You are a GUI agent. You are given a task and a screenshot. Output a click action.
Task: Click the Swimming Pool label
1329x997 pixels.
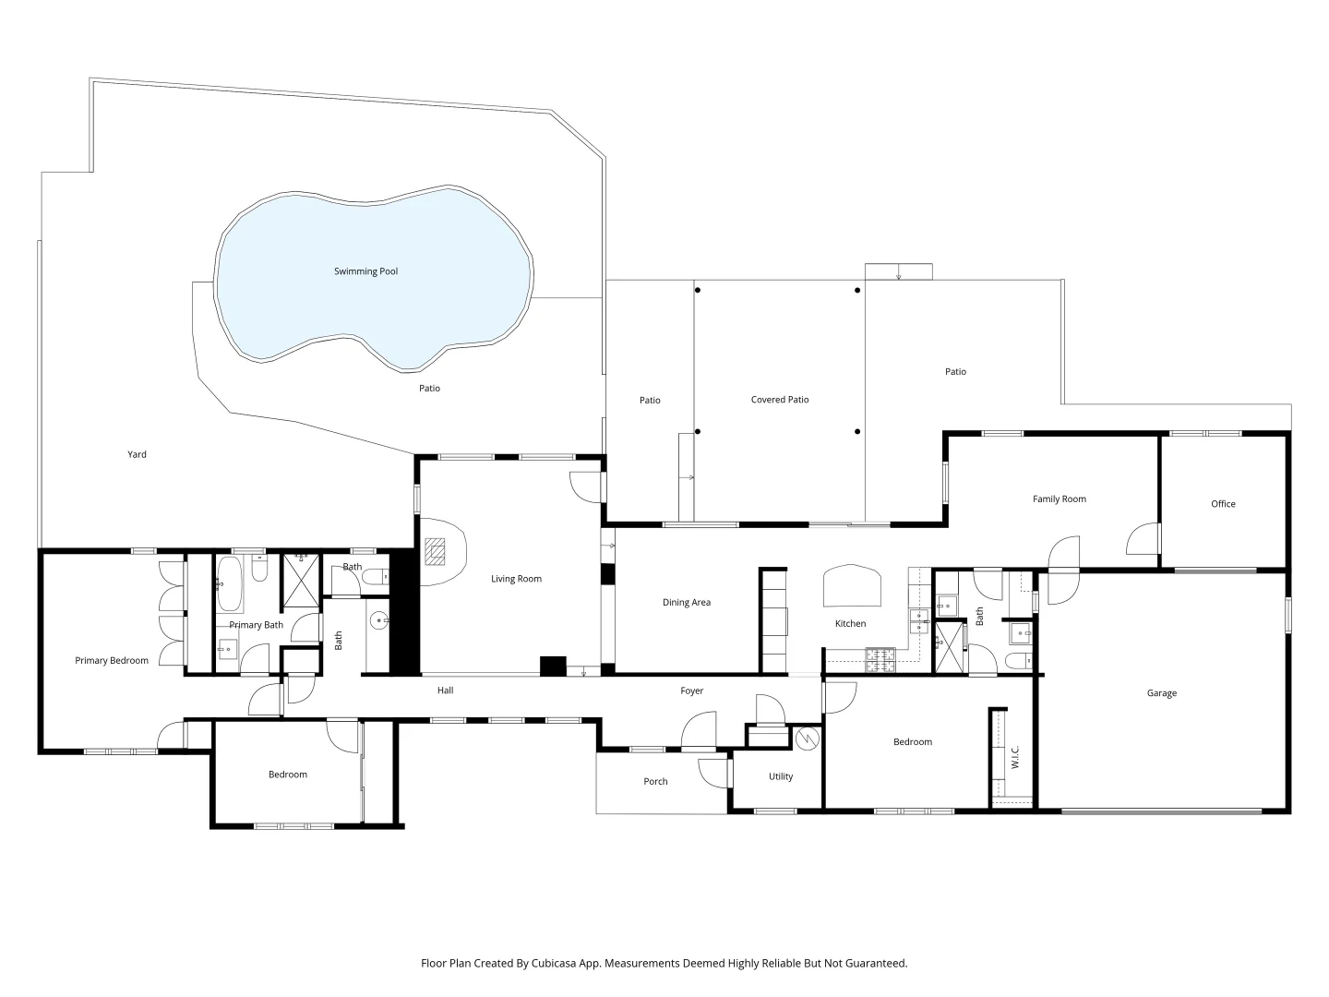(x=365, y=271)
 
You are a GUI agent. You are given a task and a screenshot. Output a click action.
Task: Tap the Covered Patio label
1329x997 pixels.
(x=780, y=400)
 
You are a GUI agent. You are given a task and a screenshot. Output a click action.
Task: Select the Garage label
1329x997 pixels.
(x=1161, y=693)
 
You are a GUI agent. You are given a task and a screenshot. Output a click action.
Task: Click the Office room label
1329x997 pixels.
(x=1223, y=504)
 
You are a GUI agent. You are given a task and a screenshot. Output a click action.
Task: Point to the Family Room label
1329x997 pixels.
(x=1059, y=499)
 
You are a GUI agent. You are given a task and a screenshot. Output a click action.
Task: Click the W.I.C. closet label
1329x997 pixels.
(x=1014, y=758)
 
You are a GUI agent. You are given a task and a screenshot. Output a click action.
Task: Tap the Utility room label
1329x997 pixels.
(x=781, y=776)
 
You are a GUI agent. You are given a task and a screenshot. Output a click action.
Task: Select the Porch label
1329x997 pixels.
(x=655, y=782)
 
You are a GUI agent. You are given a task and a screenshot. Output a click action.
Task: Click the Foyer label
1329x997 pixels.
(x=692, y=691)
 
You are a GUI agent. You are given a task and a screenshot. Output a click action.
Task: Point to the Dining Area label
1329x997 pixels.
(x=687, y=603)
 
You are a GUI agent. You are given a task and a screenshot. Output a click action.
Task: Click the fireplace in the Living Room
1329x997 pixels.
(x=435, y=551)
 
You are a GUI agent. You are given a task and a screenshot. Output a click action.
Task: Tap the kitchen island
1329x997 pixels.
(x=851, y=584)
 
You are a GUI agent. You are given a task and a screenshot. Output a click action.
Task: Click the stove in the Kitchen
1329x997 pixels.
(x=880, y=658)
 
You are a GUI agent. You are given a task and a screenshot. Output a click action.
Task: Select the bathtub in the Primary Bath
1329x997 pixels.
(x=231, y=583)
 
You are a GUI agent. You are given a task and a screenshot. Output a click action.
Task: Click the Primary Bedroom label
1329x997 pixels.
(x=112, y=661)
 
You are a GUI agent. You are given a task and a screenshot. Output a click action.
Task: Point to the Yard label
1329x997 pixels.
(x=137, y=454)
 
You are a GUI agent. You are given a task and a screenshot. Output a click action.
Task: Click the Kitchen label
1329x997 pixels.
(x=850, y=624)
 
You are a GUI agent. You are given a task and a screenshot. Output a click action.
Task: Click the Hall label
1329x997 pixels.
(x=445, y=691)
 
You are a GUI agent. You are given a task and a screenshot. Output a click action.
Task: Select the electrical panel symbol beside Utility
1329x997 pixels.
(x=807, y=739)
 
